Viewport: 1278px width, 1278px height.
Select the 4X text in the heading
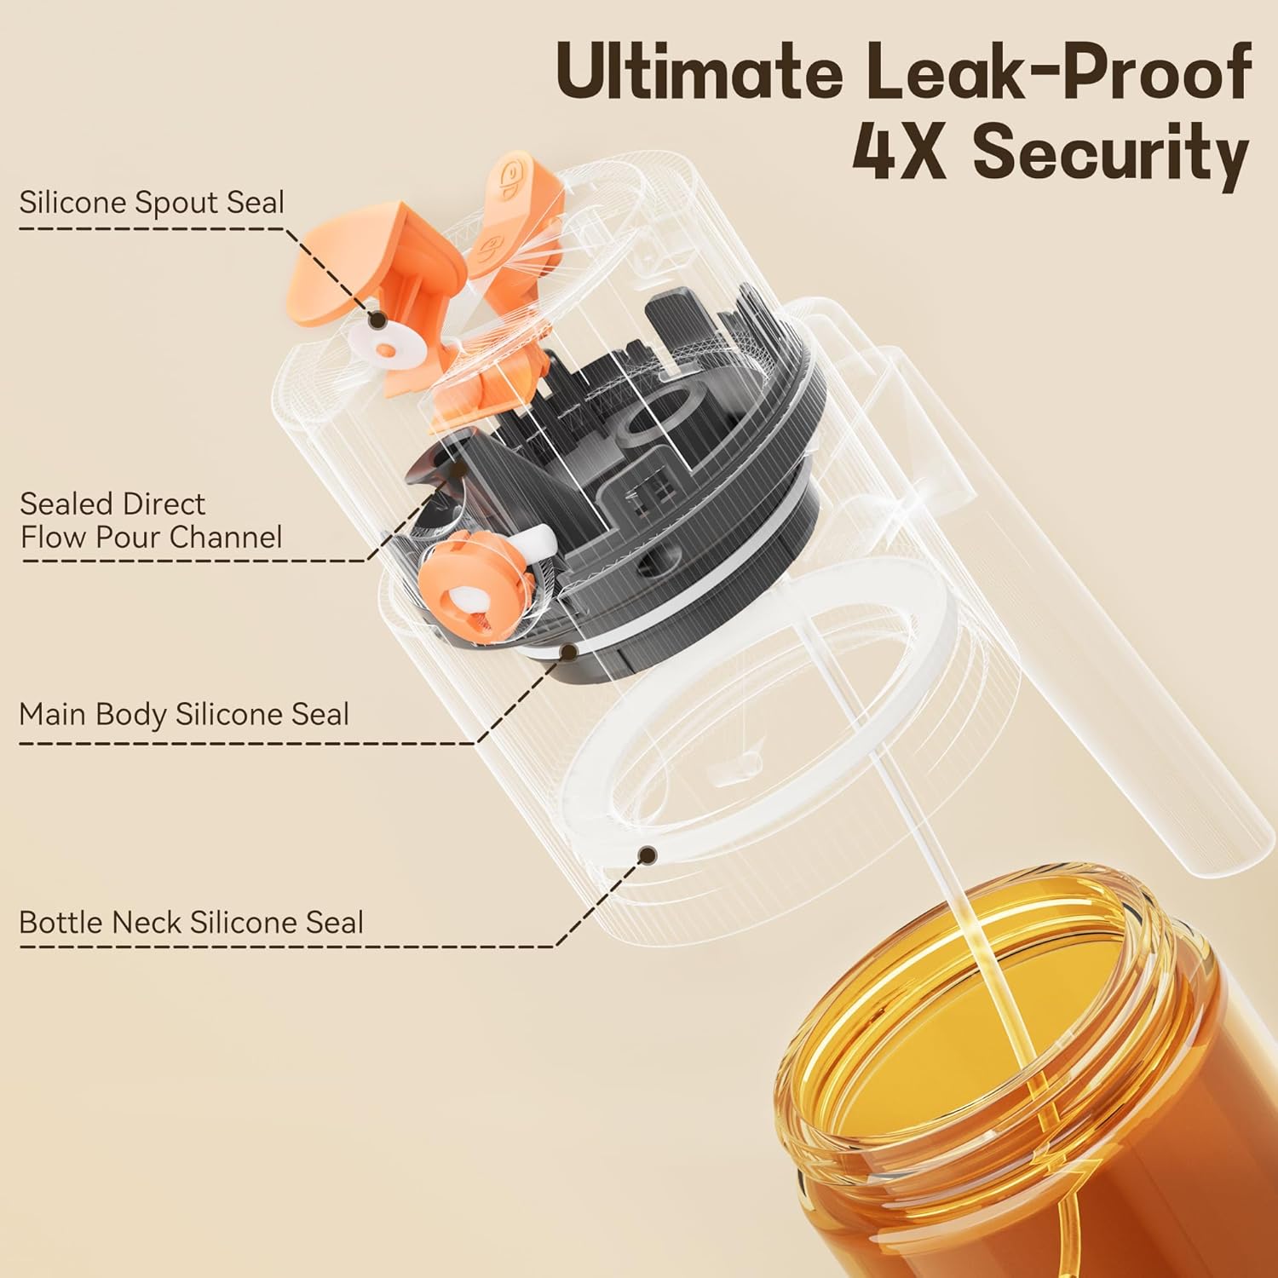pyautogui.click(x=901, y=153)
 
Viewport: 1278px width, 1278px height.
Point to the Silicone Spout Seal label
pyautogui.click(x=152, y=203)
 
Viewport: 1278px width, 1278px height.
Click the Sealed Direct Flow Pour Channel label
pyautogui.click(x=152, y=520)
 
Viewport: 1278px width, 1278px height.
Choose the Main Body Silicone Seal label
pyautogui.click(x=184, y=714)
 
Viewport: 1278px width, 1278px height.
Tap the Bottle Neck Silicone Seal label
pyautogui.click(x=191, y=922)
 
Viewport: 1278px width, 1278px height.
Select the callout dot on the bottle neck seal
pyautogui.click(x=648, y=853)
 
